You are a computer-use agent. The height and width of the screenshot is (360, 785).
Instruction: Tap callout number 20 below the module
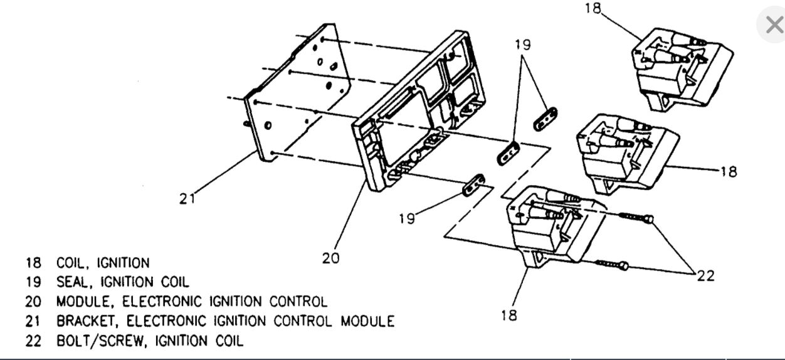331,257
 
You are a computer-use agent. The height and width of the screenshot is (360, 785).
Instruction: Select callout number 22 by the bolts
705,275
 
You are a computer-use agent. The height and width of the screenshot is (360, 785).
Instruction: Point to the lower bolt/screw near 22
612,265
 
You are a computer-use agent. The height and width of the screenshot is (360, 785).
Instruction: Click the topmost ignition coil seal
544,119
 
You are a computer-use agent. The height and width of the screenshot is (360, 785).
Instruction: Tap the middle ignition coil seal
508,152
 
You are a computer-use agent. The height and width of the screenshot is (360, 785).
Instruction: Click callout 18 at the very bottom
509,315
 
